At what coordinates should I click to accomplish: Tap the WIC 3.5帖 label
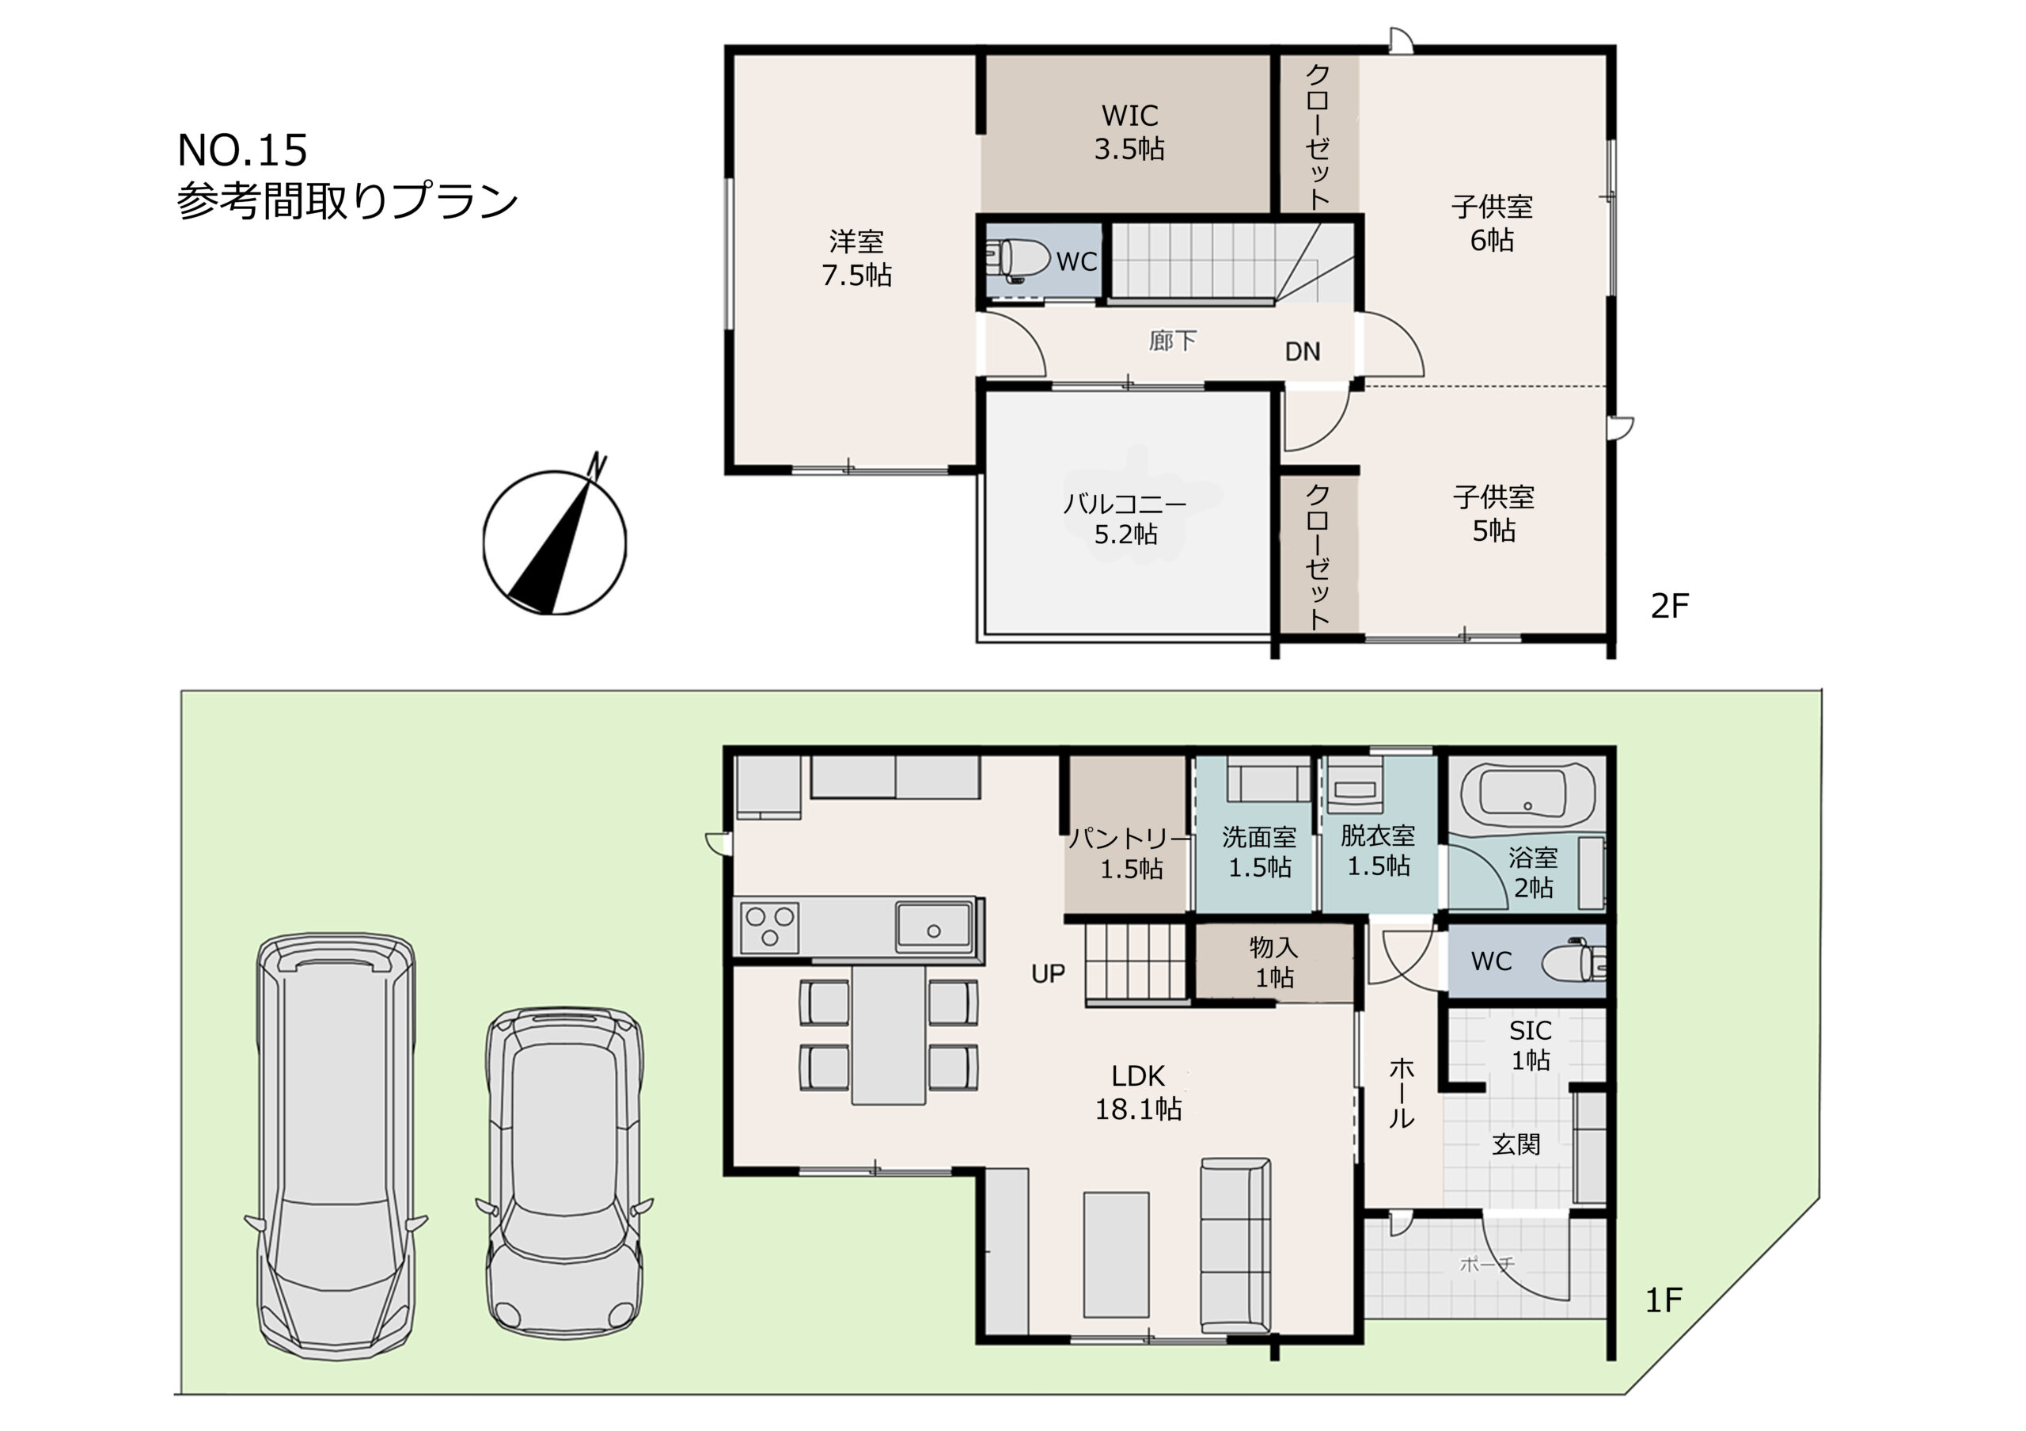click(x=1129, y=131)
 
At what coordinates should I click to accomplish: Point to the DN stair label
click(x=1303, y=352)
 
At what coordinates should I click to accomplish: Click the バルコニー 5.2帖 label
click(x=1125, y=518)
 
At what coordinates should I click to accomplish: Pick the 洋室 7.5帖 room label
click(x=856, y=258)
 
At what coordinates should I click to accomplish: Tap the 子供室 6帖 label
click(x=1492, y=223)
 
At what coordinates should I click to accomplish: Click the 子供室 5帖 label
click(x=1493, y=514)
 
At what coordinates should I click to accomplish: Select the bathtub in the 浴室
click(x=1527, y=796)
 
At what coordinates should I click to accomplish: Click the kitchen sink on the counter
click(x=934, y=926)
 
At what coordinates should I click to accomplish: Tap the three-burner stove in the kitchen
click(x=769, y=927)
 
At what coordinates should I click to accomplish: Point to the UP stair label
click(x=1049, y=974)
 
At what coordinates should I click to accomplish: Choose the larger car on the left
click(x=336, y=1146)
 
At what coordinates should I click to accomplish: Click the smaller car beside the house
click(x=565, y=1171)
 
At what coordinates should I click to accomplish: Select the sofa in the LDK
click(x=1235, y=1246)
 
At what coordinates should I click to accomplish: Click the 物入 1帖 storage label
click(x=1273, y=962)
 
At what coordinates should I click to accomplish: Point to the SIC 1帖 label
click(x=1530, y=1045)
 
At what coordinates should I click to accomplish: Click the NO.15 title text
click(x=243, y=150)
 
